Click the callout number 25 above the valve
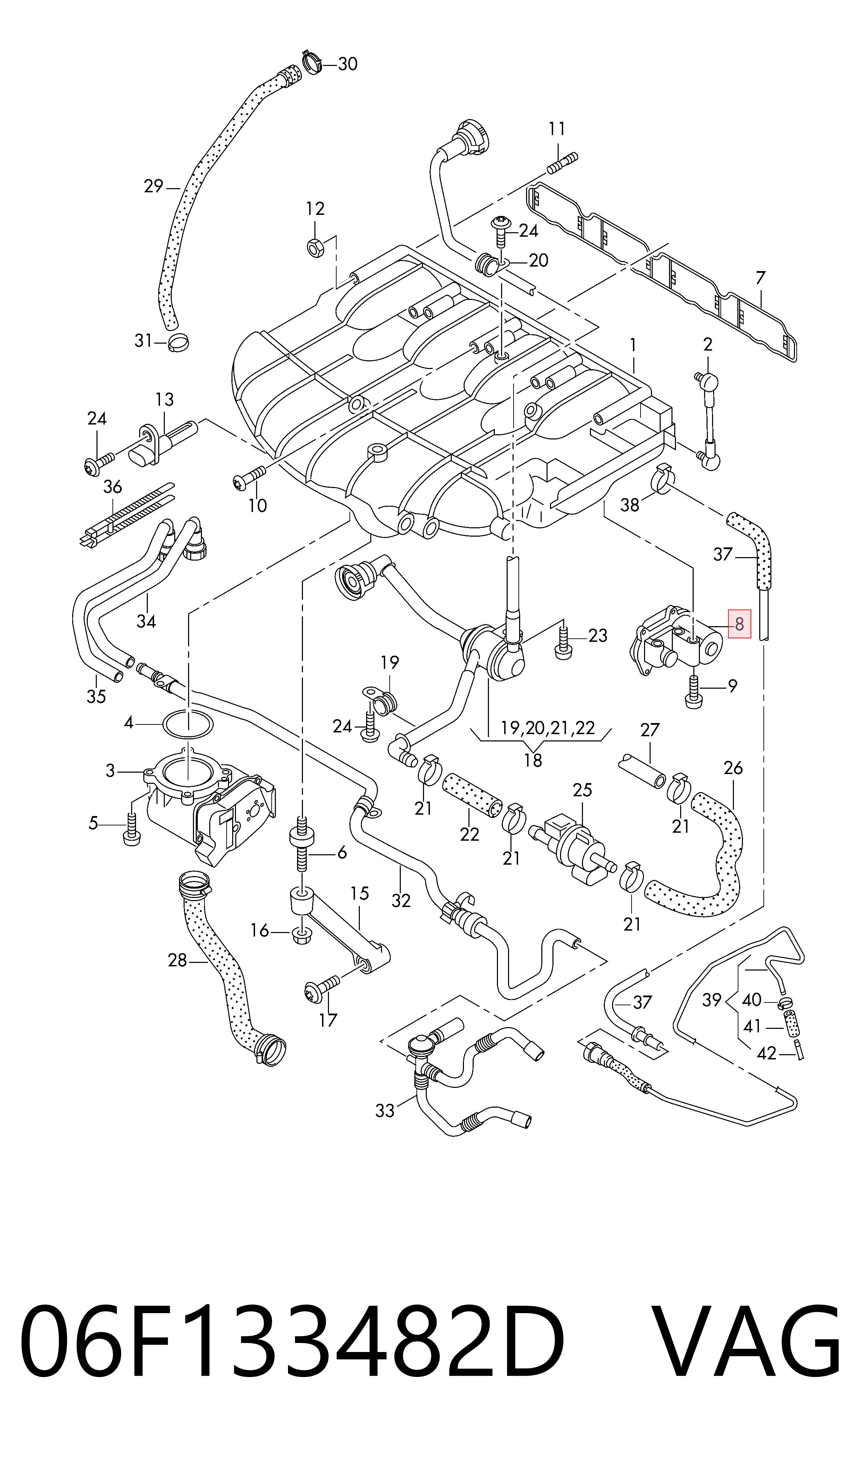click(x=582, y=789)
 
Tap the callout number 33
click(x=385, y=1110)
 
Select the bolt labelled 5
click(x=132, y=829)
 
